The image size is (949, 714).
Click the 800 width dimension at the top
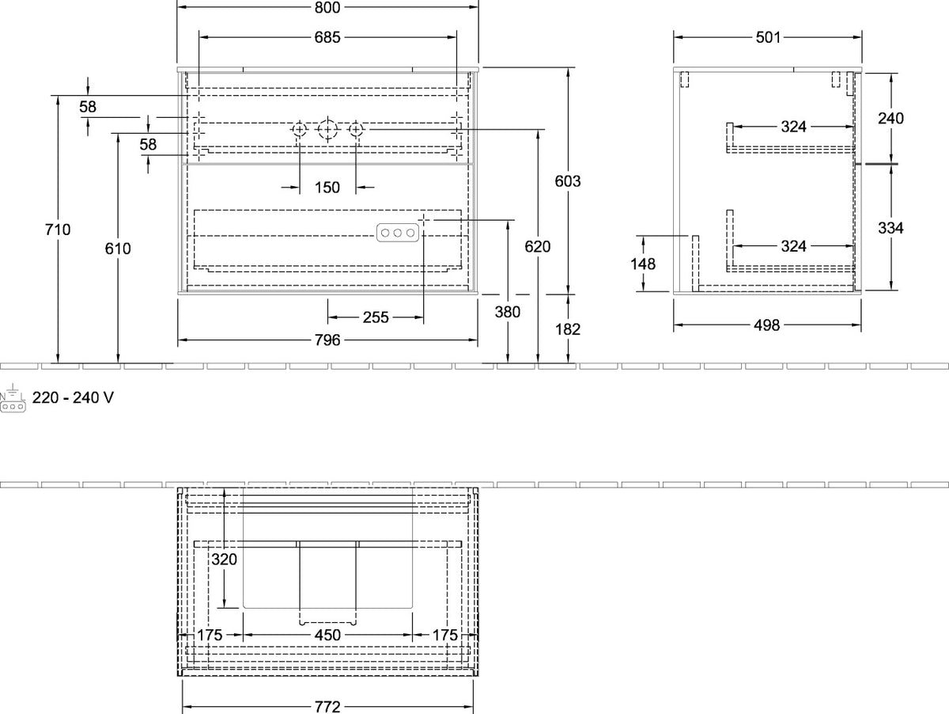[x=327, y=7]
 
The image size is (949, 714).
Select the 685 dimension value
[x=327, y=38]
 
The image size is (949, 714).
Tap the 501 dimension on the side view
[x=768, y=38]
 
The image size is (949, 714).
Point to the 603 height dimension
[x=568, y=181]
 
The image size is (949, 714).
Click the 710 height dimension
[x=58, y=230]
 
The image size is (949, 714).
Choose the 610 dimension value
[x=118, y=249]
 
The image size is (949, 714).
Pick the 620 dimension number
[x=538, y=247]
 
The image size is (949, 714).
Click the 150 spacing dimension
[x=327, y=188]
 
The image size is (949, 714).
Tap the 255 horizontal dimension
[x=376, y=317]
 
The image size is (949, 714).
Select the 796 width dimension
[x=327, y=340]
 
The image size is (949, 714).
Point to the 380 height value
[x=507, y=312]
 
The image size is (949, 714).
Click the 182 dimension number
[x=568, y=329]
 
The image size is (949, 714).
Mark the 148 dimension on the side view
[x=643, y=264]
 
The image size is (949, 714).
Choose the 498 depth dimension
[x=767, y=325]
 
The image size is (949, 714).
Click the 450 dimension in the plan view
[x=327, y=635]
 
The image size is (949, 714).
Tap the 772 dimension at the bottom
[x=327, y=707]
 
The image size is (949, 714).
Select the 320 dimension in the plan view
[x=224, y=559]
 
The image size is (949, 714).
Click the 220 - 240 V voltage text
[x=73, y=397]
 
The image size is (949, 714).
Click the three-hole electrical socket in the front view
[x=397, y=233]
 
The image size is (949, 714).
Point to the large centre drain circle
[x=327, y=129]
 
